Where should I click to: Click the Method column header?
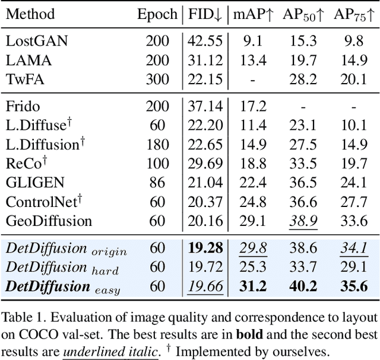[x=30, y=14]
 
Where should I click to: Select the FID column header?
[x=206, y=14]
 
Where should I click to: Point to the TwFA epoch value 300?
[x=157, y=79]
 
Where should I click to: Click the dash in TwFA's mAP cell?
[x=254, y=79]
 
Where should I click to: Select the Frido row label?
[x=22, y=106]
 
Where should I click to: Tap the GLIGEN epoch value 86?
[x=157, y=183]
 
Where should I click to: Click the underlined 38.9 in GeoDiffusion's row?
[x=302, y=221]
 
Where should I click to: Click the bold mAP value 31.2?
[x=254, y=287]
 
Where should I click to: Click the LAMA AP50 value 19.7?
[x=302, y=60]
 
